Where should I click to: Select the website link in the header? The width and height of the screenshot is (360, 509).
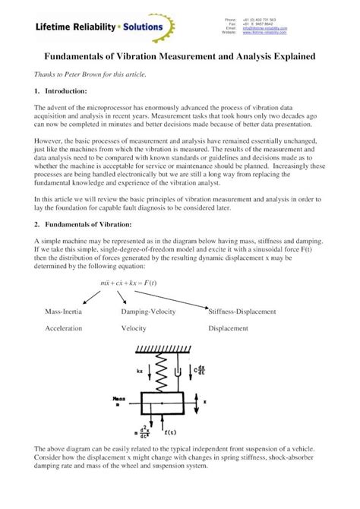pyautogui.click(x=264, y=33)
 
